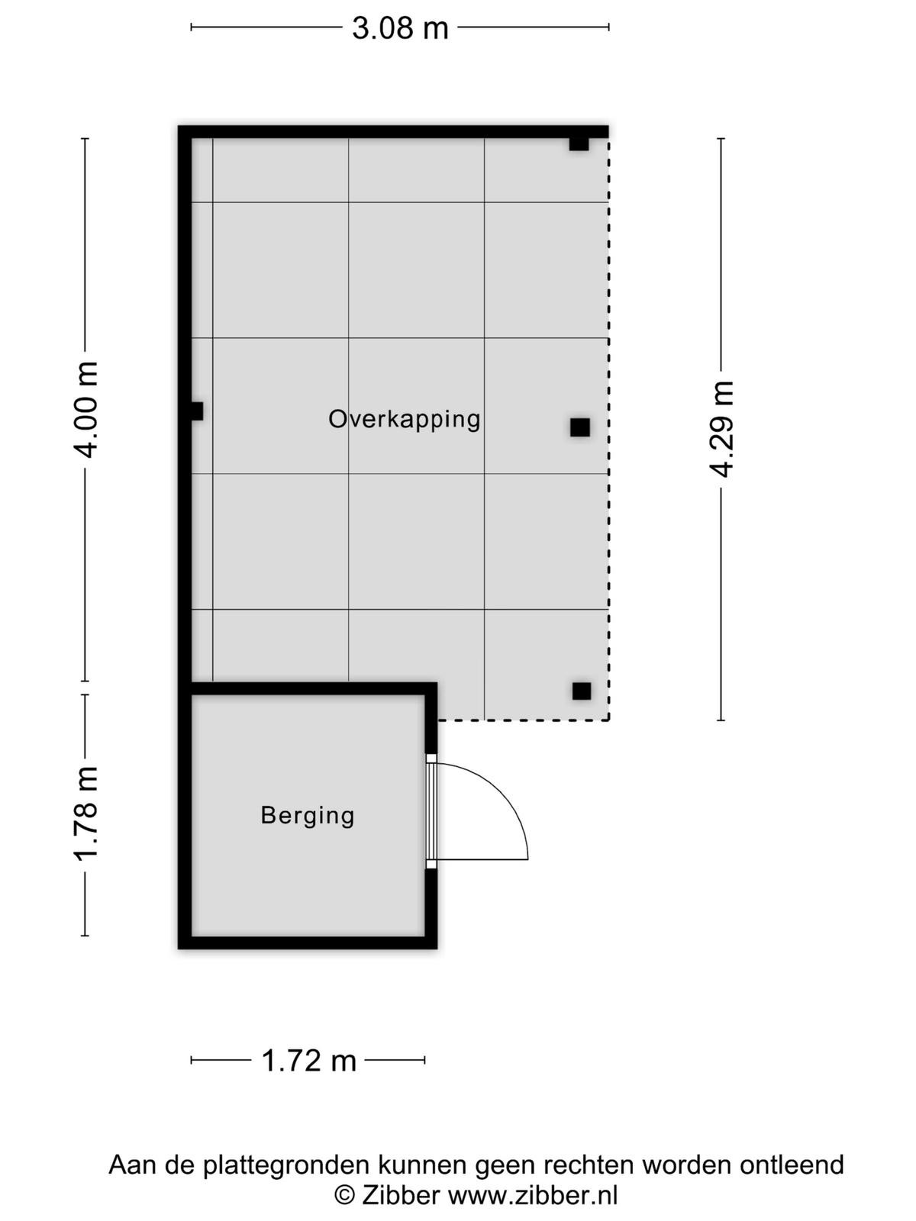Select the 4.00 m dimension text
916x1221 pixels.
click(87, 409)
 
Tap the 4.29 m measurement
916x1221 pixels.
click(722, 429)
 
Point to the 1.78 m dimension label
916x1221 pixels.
click(87, 813)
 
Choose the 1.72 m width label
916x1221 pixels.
click(308, 1061)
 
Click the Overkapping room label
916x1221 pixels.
click(405, 420)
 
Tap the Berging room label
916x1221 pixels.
click(308, 816)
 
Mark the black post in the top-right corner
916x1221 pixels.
click(579, 143)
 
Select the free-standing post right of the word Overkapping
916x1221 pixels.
click(579, 427)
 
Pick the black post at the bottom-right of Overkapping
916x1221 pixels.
click(582, 691)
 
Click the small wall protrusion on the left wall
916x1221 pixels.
click(197, 411)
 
